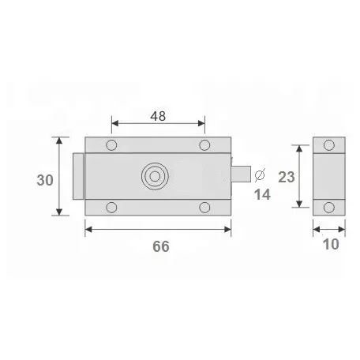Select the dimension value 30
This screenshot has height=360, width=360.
point(45,179)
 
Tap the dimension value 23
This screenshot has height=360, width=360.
point(285,177)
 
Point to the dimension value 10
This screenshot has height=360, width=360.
point(331,244)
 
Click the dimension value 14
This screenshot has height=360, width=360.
point(262,193)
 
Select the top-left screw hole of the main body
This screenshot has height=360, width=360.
point(111,145)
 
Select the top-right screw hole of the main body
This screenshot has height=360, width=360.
point(204,145)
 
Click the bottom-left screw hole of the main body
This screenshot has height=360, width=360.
point(111,208)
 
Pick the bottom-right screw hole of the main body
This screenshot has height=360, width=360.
point(204,208)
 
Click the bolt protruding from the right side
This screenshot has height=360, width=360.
point(242,174)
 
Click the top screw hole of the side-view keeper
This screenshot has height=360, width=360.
point(329,147)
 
